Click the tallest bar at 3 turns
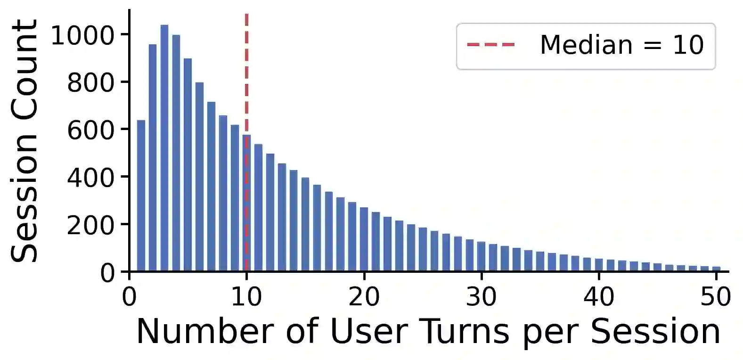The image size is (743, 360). click(x=164, y=148)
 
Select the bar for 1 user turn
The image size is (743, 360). click(x=141, y=196)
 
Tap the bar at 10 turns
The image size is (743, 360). click(x=247, y=203)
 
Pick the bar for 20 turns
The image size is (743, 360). click(x=364, y=239)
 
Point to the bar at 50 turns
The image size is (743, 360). click(x=717, y=269)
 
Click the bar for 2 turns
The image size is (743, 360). click(x=153, y=157)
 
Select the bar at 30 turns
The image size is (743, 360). click(x=482, y=256)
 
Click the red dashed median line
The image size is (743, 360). click(x=247, y=143)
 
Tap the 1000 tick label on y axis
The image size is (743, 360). click(x=82, y=35)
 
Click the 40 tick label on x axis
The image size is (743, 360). click(x=599, y=296)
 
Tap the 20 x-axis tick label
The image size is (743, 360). click(x=364, y=296)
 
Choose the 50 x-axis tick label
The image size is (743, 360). click(x=716, y=296)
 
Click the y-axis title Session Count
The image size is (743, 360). click(x=24, y=141)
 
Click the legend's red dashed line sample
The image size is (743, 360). click(x=491, y=44)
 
